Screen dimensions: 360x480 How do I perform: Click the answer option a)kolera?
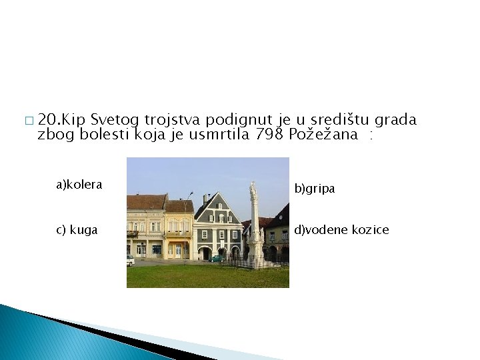click(79, 185)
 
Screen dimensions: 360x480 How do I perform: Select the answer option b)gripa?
click(315, 189)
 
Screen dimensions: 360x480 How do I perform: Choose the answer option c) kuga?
click(77, 230)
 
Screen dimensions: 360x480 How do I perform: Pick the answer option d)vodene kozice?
click(342, 230)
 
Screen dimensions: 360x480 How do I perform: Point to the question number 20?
click(49, 120)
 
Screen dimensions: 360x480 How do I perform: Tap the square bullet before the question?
click(27, 121)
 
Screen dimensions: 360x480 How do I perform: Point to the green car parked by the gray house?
click(216, 259)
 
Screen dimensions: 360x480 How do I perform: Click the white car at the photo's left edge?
click(130, 260)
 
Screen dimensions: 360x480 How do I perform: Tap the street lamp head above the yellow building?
click(191, 195)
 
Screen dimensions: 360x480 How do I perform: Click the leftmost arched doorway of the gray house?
click(206, 253)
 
